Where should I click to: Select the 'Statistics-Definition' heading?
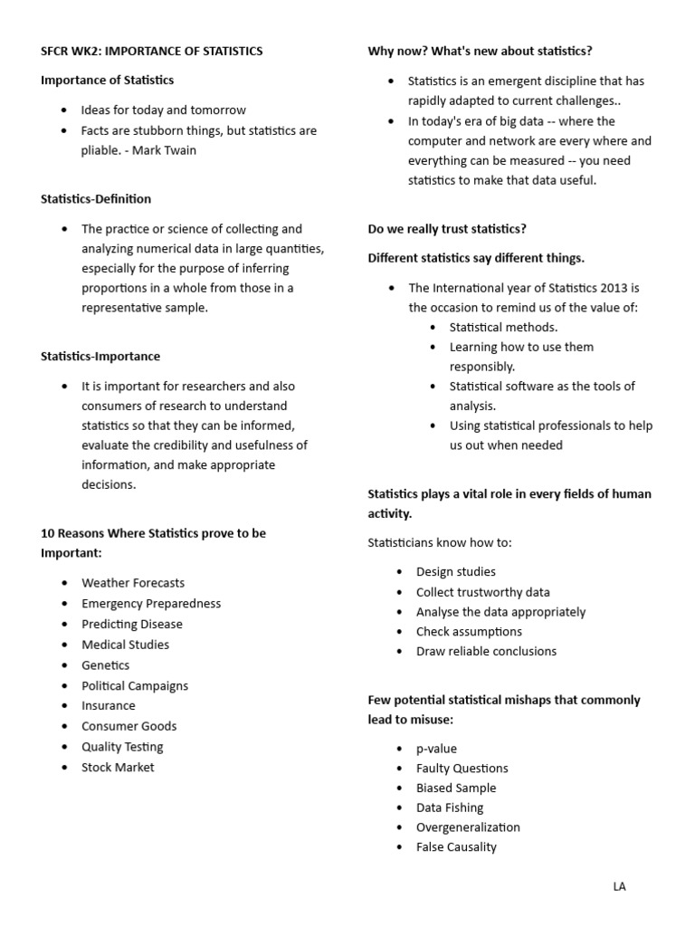[96, 198]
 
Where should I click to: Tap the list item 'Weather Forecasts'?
[132, 583]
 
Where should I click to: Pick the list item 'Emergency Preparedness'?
[150, 603]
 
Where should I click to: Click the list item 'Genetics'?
[105, 665]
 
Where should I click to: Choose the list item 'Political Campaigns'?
[135, 685]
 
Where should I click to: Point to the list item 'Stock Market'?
[118, 767]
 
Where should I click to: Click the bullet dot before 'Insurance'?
[63, 706]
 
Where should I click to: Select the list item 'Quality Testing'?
[122, 747]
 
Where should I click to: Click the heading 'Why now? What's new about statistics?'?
[480, 51]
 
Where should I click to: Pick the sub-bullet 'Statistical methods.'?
[503, 327]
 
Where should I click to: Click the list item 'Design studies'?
[455, 571]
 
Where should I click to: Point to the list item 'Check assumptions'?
[469, 631]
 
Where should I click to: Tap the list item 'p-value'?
[436, 749]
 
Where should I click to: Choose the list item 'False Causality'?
[456, 847]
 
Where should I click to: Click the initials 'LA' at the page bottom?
[619, 886]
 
